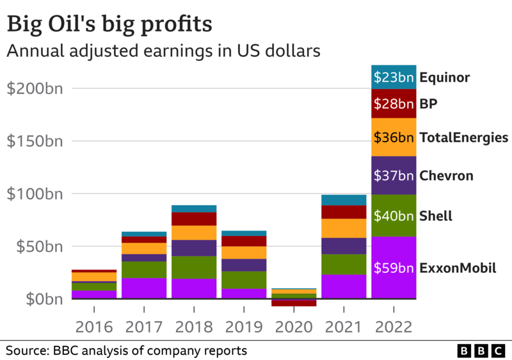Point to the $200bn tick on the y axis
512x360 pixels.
[x=35, y=89]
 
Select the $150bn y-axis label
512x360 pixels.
[x=35, y=142]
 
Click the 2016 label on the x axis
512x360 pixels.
[x=94, y=328]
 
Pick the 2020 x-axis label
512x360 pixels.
[x=294, y=328]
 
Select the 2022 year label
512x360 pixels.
[x=394, y=328]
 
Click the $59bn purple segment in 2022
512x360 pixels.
[x=394, y=268]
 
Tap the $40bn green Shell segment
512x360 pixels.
[x=394, y=216]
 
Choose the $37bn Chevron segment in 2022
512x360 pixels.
[x=394, y=176]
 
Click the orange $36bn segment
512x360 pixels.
[x=394, y=137]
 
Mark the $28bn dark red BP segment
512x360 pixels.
[x=394, y=104]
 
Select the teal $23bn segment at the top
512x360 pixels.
[x=394, y=78]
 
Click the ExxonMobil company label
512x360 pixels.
[x=458, y=268]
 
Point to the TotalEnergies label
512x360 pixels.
[x=463, y=137]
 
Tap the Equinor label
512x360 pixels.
[x=445, y=78]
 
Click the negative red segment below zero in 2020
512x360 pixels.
[x=294, y=302]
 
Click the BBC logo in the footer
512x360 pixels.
[x=481, y=350]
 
